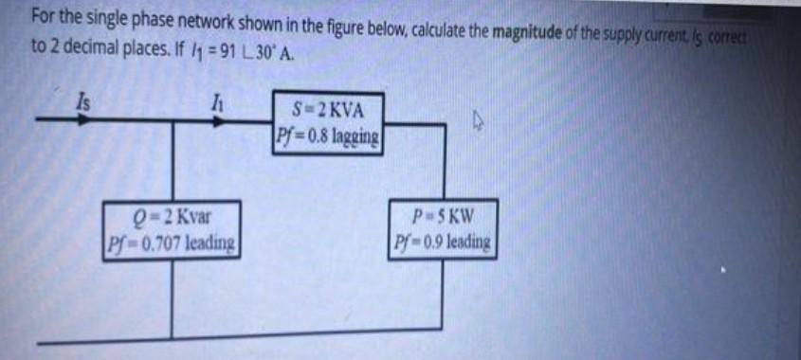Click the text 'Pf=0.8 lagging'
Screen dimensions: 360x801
(x=330, y=135)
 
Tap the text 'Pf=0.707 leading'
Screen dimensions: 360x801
(x=172, y=243)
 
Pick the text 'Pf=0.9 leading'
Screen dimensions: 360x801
(x=443, y=242)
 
